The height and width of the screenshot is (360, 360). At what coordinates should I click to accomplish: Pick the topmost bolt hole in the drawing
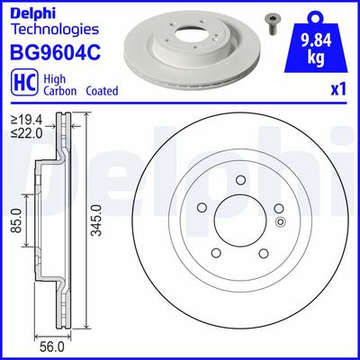pos(241,183)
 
